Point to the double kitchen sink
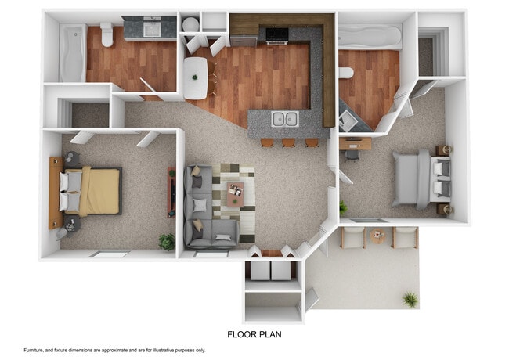283,120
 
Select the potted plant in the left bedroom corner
167,242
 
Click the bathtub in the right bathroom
370,37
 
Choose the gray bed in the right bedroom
419,178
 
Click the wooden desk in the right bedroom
356,143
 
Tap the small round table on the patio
379,236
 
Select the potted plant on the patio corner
410,299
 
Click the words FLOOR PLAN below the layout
254,334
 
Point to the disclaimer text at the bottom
114,350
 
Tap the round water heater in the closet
190,24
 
